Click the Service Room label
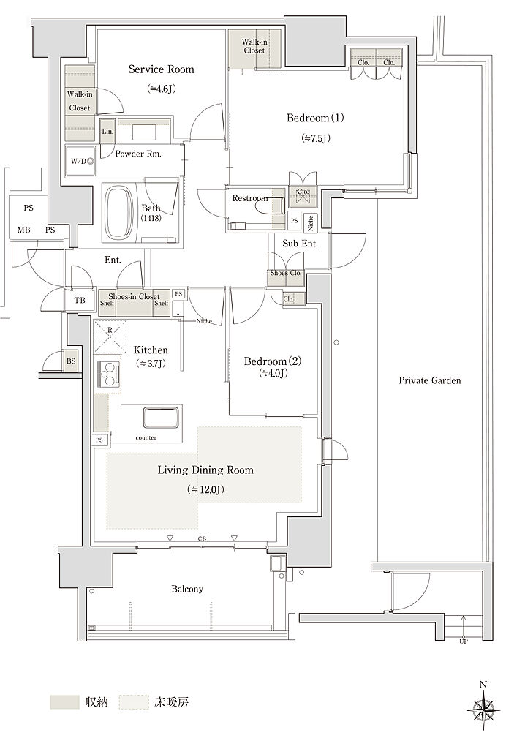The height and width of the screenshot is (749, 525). click(162, 69)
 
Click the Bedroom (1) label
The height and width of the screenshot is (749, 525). click(315, 118)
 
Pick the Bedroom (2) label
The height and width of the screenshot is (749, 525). click(273, 361)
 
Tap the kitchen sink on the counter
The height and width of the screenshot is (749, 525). click(161, 417)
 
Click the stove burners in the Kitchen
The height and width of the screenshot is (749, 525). click(108, 374)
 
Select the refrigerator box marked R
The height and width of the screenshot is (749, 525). click(110, 336)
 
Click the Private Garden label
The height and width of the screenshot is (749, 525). click(430, 380)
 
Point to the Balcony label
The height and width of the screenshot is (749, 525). click(187, 589)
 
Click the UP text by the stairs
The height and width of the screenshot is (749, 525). click(464, 641)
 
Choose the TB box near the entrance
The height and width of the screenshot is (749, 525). click(80, 300)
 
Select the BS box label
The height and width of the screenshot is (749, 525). click(71, 361)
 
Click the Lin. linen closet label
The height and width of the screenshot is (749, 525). click(107, 131)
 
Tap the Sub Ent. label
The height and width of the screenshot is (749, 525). click(300, 243)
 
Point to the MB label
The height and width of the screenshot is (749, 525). click(24, 230)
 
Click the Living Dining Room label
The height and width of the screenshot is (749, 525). click(205, 470)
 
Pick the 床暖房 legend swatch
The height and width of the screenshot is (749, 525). click(134, 701)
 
